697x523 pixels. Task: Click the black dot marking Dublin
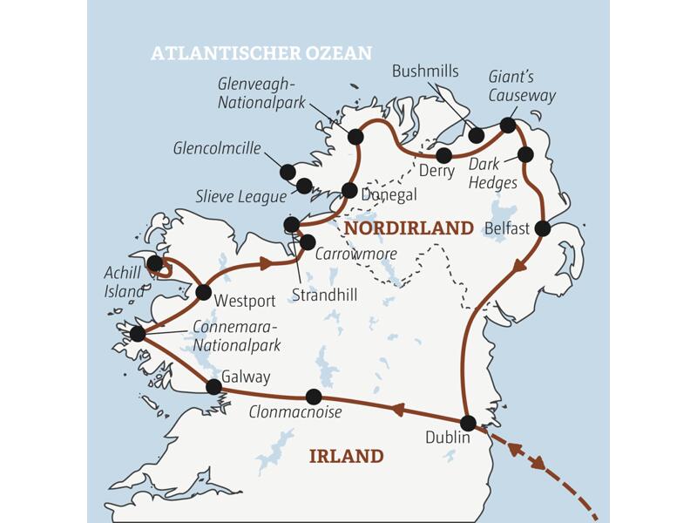pyautogui.click(x=468, y=424)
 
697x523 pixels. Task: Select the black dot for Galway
pyautogui.click(x=213, y=386)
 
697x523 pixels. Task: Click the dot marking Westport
pyautogui.click(x=204, y=293)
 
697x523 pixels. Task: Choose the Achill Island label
pyautogui.click(x=123, y=282)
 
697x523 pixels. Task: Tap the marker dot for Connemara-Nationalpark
pyautogui.click(x=137, y=334)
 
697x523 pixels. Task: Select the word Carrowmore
pyautogui.click(x=357, y=254)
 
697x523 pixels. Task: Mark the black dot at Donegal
pyautogui.click(x=349, y=190)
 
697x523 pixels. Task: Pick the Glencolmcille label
pyautogui.click(x=217, y=149)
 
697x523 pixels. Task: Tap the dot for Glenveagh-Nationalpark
pyautogui.click(x=355, y=137)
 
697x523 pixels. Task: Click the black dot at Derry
pyautogui.click(x=444, y=156)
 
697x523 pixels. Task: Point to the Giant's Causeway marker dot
pyautogui.click(x=508, y=126)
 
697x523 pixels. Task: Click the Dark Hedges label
pyautogui.click(x=493, y=173)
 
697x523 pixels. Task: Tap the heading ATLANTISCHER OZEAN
pyautogui.click(x=261, y=53)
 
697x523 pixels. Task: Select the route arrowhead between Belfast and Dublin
pyautogui.click(x=519, y=265)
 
